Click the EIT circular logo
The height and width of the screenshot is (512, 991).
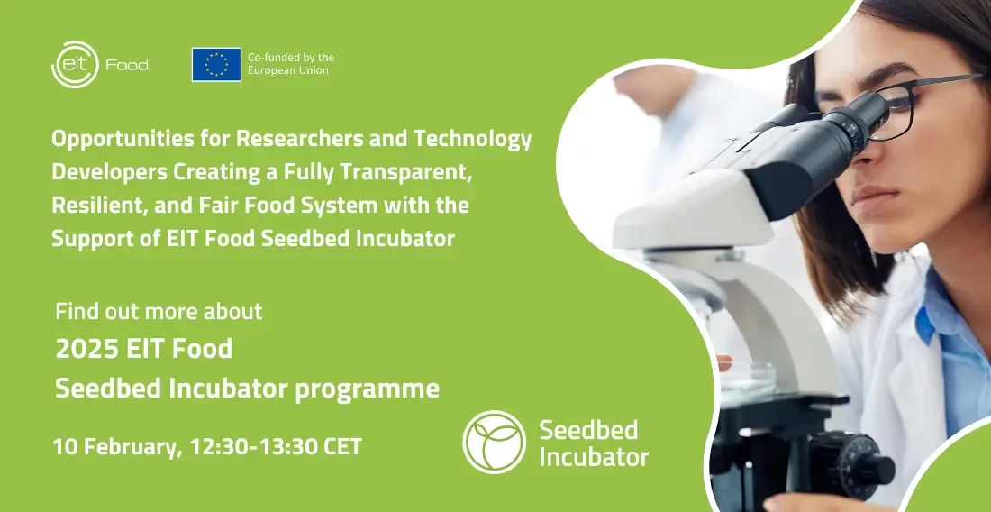coord(75,65)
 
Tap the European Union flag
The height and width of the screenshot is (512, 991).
coord(217,65)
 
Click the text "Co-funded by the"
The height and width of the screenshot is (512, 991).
coord(291,58)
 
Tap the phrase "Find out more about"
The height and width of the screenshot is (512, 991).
coord(159,311)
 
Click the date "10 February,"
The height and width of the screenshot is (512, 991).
coord(117,446)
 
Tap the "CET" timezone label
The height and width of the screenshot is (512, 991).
coord(342,446)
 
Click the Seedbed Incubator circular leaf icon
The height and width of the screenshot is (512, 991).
coord(495,441)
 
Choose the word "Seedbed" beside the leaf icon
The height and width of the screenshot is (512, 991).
coord(579,430)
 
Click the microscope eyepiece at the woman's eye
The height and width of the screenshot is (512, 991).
coord(857,118)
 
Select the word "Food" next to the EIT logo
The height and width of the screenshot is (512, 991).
coord(127,65)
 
